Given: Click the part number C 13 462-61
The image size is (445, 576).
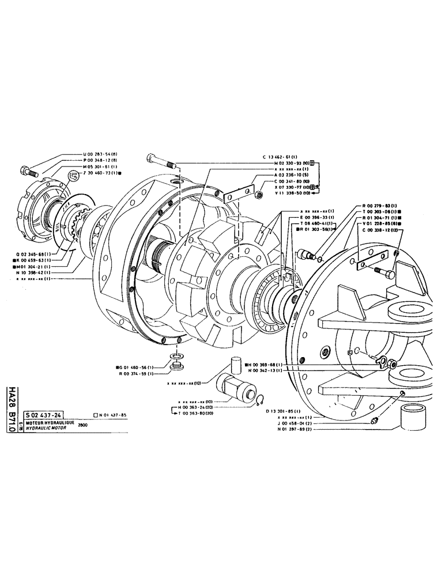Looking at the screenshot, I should [x=284, y=156].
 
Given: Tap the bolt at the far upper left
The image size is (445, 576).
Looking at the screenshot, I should [x=28, y=170].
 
